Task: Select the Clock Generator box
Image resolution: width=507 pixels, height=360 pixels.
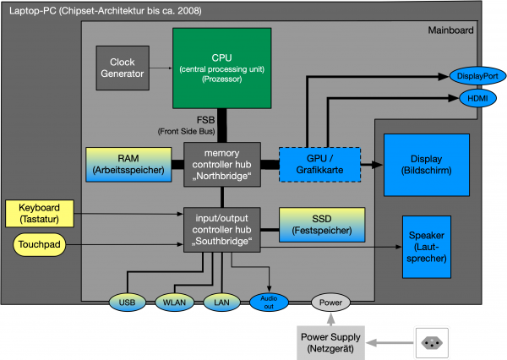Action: [x=122, y=68]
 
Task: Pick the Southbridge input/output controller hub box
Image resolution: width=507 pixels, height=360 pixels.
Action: [x=221, y=227]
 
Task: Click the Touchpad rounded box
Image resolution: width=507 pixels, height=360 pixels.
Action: [x=41, y=246]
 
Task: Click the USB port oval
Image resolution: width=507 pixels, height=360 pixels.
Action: [x=127, y=303]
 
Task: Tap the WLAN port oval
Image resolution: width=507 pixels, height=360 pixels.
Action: [x=174, y=303]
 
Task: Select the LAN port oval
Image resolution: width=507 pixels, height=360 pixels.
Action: [x=222, y=303]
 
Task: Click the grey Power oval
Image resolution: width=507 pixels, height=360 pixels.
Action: [x=330, y=302]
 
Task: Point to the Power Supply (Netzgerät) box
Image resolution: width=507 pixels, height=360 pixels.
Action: [x=330, y=342]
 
